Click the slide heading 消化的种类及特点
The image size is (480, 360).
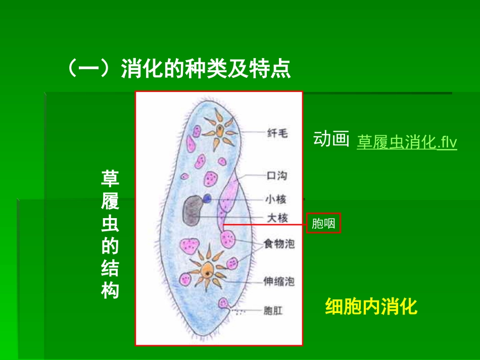pos(179,69)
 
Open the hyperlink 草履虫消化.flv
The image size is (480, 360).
pos(407,142)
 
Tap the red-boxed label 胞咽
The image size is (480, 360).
pos(323,223)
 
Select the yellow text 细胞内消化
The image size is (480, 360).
pos(371,306)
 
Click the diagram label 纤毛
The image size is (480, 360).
pos(277,133)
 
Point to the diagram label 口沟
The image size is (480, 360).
pos(277,176)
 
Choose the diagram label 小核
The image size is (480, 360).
pos(277,199)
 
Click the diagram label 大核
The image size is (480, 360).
pos(277,218)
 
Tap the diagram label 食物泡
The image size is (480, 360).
pos(279,244)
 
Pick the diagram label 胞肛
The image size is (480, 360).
pos(273,311)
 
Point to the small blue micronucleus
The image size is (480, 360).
pos(207,198)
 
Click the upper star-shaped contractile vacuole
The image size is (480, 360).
pos(220,129)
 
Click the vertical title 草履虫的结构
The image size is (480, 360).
pos(110,235)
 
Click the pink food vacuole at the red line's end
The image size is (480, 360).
pos(227,237)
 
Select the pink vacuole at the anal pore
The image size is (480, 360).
pos(223,303)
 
